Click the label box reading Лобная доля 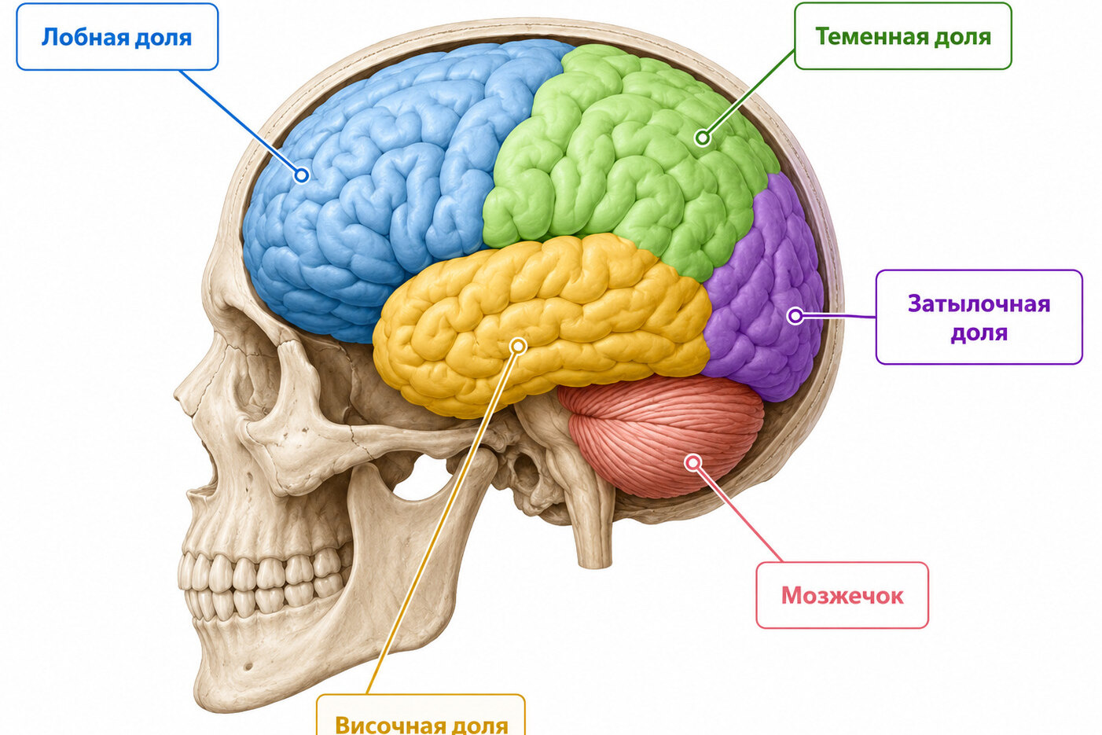tap(117, 37)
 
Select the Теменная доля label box tap(903, 36)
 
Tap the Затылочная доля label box tap(979, 318)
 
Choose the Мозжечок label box tap(843, 595)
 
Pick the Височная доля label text tap(421, 725)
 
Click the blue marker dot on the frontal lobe tap(302, 175)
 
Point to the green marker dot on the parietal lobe tap(703, 138)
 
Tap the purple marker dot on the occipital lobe tap(795, 315)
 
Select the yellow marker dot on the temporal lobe tap(518, 347)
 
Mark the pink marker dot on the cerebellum tap(693, 462)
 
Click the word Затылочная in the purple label tap(979, 303)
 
